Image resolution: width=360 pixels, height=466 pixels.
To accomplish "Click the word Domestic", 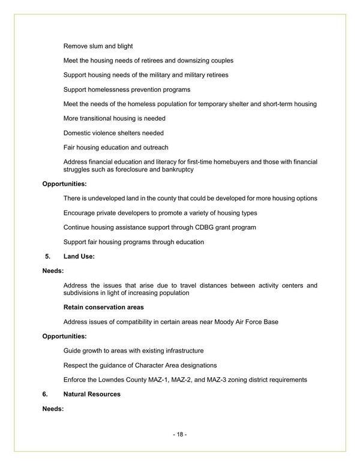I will (x=78, y=133).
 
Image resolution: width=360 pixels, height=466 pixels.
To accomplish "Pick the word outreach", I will (x=154, y=148).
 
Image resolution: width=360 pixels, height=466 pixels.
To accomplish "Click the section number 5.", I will (x=47, y=256).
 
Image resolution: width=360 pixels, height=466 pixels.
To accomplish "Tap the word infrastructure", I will (x=181, y=351).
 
